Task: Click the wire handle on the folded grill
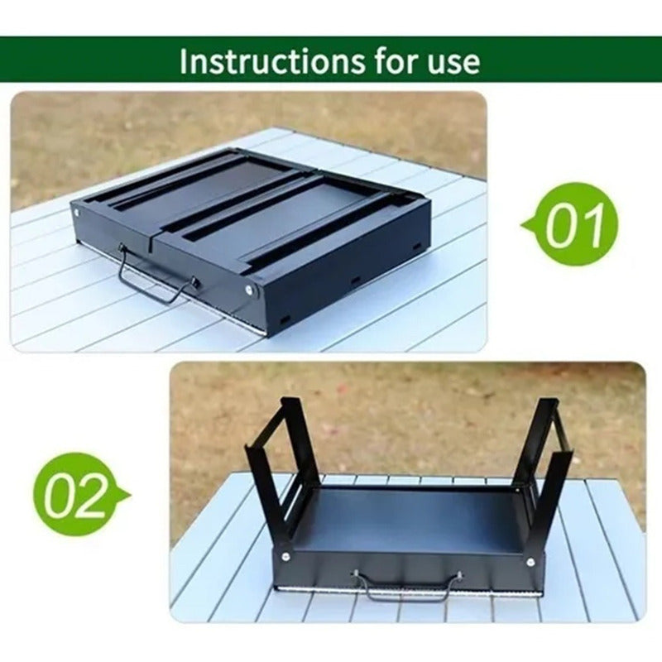pos(153,284)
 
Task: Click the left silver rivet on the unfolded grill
pos(285,556)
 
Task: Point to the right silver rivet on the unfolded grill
pos(530,562)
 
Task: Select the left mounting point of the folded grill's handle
pos(122,247)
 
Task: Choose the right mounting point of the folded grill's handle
pos(195,281)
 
